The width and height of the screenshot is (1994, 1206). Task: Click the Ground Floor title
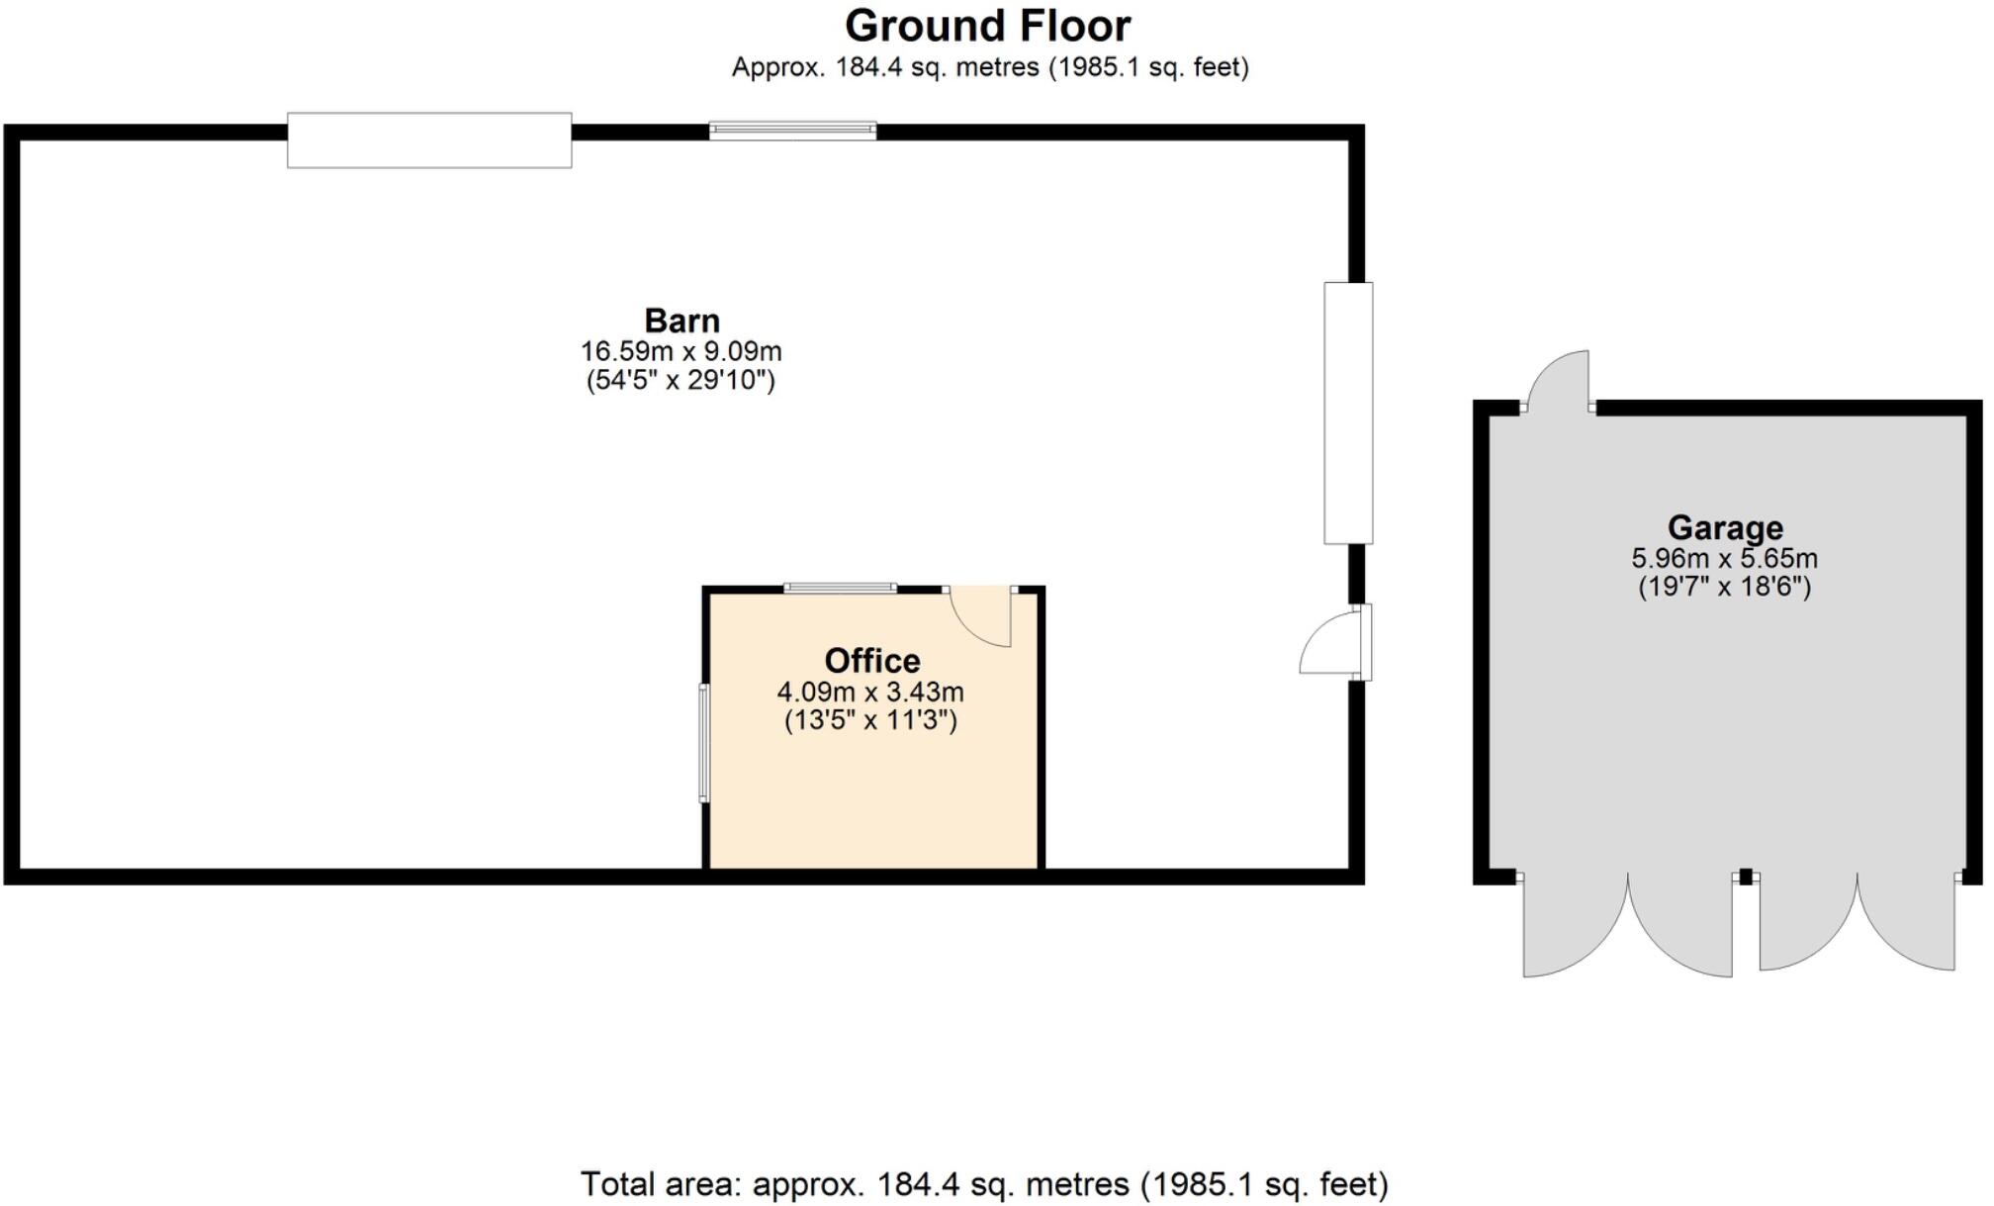click(x=987, y=26)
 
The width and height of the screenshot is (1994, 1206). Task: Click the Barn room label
click(x=681, y=321)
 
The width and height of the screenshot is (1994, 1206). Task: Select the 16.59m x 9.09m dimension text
click(x=680, y=351)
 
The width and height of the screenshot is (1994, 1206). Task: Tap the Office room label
click(x=872, y=660)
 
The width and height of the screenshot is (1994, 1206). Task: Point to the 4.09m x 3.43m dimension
click(x=870, y=692)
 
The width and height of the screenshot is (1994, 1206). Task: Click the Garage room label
click(x=1724, y=527)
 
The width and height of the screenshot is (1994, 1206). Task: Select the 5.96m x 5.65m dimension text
click(x=1724, y=558)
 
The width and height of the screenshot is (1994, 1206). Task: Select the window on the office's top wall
click(x=840, y=588)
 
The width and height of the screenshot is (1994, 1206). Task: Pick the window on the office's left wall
click(x=704, y=742)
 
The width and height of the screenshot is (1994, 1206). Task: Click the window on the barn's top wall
click(x=792, y=130)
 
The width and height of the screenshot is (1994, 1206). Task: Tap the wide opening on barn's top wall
click(x=429, y=140)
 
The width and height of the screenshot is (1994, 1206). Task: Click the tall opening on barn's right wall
click(x=1348, y=414)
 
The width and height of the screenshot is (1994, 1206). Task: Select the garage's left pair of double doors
click(x=1627, y=925)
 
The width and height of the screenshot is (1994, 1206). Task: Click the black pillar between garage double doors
click(x=1746, y=877)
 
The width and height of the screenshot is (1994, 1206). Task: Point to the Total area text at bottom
click(x=984, y=1184)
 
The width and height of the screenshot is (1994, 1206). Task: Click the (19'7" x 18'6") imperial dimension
click(x=1724, y=587)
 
